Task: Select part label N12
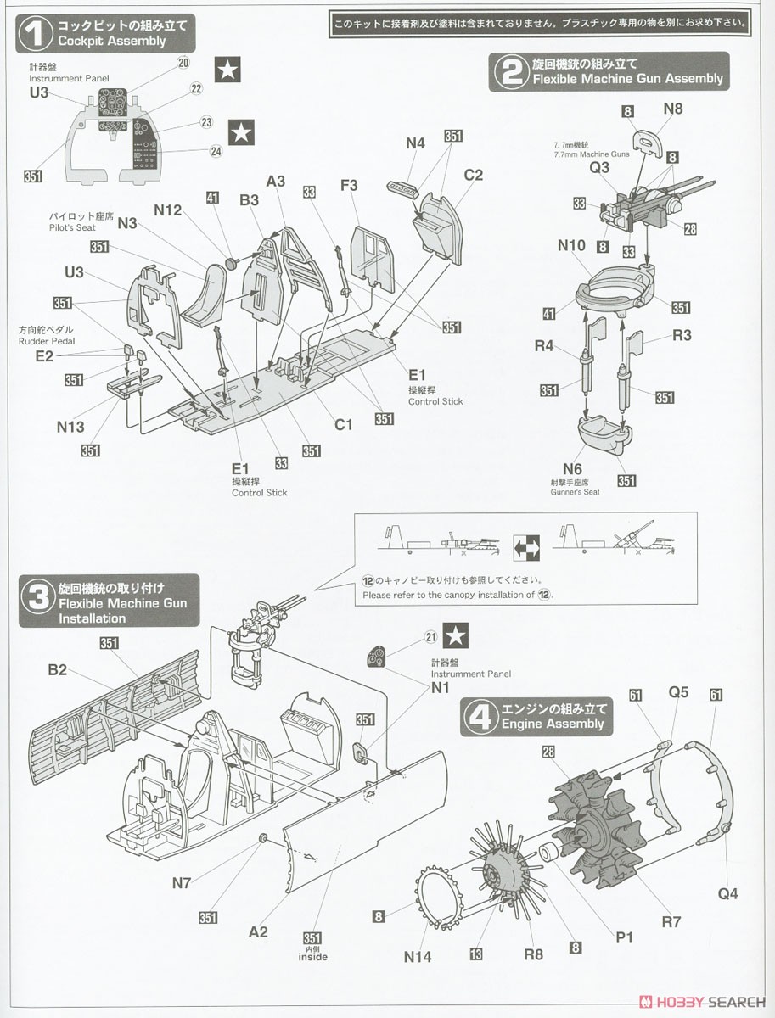[168, 210]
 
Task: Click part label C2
[473, 175]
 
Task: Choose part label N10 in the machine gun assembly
[571, 245]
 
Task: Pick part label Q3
[599, 167]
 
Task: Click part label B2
[57, 669]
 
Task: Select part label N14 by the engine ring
[418, 956]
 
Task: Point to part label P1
[626, 937]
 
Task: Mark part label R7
[671, 920]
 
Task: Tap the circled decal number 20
[183, 62]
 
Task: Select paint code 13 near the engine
[475, 954]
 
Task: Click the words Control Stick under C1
[435, 401]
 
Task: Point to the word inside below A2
[312, 957]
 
